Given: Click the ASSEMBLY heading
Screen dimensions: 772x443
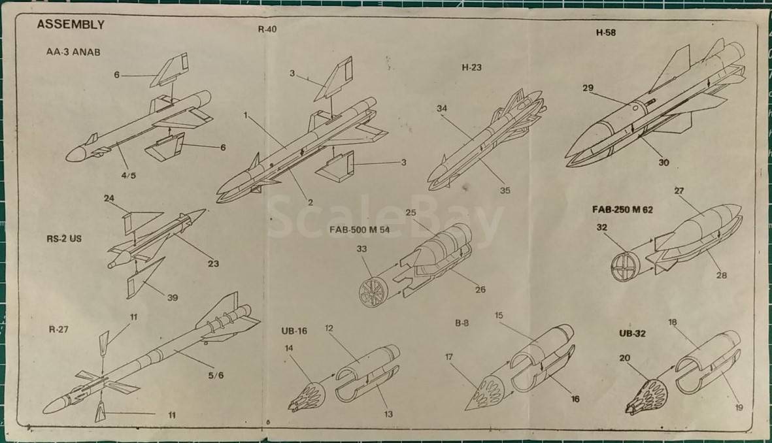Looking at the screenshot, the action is pyautogui.click(x=71, y=25).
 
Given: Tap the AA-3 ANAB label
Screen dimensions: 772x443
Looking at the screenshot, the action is pyautogui.click(x=73, y=52).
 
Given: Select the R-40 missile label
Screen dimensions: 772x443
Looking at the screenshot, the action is pyautogui.click(x=267, y=29).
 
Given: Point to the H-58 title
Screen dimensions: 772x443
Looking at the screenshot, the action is pyautogui.click(x=605, y=33).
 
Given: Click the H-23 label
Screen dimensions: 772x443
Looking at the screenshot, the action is pyautogui.click(x=471, y=67).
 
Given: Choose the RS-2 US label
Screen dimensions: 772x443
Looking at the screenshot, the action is pyautogui.click(x=64, y=238).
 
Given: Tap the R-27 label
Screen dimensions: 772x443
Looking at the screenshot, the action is pyautogui.click(x=58, y=329).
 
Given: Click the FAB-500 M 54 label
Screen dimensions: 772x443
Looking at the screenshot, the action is pyautogui.click(x=360, y=230).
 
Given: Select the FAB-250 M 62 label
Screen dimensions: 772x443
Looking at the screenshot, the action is pyautogui.click(x=622, y=210).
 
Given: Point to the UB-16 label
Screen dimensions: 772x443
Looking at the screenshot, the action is pyautogui.click(x=294, y=331).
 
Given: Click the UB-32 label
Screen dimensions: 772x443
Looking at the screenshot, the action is pyautogui.click(x=632, y=334).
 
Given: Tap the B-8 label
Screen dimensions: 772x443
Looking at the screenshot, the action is pyautogui.click(x=462, y=323).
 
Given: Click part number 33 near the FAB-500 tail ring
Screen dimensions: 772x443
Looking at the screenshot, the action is pyautogui.click(x=361, y=249).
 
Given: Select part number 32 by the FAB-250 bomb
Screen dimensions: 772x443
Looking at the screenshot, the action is pyautogui.click(x=601, y=227).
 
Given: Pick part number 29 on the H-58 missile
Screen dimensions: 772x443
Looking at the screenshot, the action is pyautogui.click(x=588, y=88).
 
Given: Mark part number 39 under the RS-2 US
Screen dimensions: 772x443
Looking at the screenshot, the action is pyautogui.click(x=173, y=298).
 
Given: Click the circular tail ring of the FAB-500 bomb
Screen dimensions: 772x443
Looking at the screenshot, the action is pyautogui.click(x=373, y=290).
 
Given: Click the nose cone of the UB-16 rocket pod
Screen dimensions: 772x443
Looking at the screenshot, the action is pyautogui.click(x=306, y=395).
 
